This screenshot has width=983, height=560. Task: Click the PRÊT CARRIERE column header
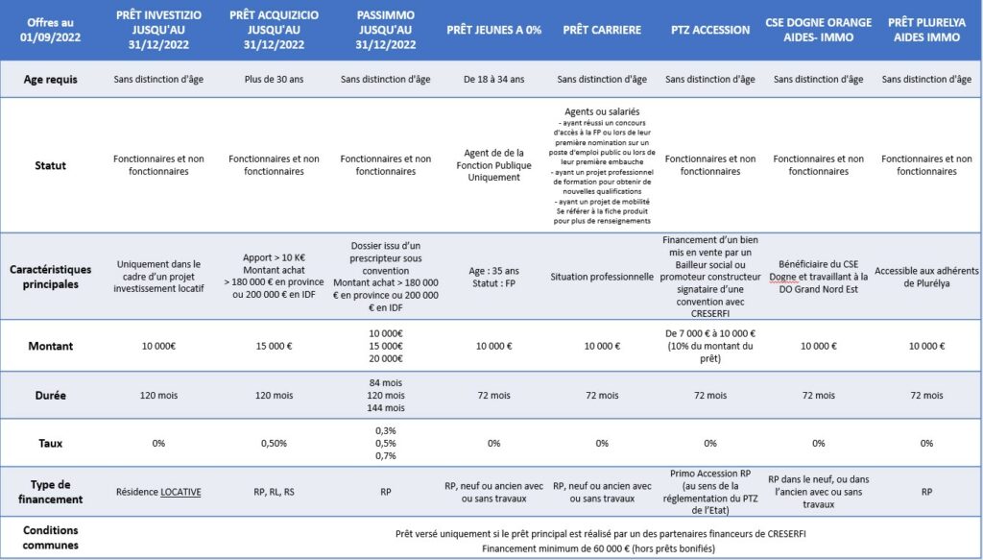602,30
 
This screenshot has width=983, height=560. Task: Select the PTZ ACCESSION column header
710,30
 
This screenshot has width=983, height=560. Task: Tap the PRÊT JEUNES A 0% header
493,30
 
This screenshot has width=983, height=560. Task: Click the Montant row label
50,345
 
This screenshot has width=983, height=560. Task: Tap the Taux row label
50,443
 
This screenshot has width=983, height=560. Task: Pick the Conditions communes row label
50,537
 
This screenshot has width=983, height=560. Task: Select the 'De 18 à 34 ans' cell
493,80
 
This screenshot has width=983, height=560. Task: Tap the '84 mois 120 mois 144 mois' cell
385,395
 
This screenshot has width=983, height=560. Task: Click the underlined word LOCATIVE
180,492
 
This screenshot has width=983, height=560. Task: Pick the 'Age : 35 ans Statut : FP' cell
493,277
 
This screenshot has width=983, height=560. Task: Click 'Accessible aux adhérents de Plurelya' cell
926,277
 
